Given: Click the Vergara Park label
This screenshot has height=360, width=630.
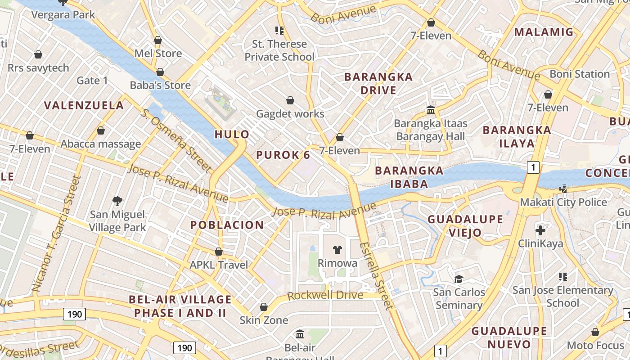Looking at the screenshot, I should (63, 14).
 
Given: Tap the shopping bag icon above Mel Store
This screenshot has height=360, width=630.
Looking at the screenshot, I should (158, 40).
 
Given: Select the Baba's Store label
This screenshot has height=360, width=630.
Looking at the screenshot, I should (160, 85).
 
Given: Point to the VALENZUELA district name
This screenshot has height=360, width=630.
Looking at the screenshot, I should (84, 105).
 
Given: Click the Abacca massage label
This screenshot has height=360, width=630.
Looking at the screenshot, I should (101, 144).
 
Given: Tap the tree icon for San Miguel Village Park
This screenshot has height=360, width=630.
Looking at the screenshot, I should (117, 200).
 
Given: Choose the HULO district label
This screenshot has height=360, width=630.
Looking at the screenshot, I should (232, 134).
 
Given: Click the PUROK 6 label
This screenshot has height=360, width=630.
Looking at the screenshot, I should (283, 155).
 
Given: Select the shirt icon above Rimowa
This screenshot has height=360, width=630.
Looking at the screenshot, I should (337, 250).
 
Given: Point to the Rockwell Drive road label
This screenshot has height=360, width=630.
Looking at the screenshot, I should (325, 296).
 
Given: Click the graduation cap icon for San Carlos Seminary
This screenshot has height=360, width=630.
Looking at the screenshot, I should (459, 279).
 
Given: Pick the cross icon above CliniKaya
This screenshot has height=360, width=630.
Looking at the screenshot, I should (540, 231).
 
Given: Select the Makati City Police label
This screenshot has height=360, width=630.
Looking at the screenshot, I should (563, 202).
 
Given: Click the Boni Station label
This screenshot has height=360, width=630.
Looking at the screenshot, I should (580, 74).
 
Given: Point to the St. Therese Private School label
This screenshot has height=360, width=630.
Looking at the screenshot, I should (279, 50).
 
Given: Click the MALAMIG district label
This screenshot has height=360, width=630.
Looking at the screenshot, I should (544, 32).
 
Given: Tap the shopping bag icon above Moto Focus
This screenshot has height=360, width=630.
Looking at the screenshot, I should (595, 333).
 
